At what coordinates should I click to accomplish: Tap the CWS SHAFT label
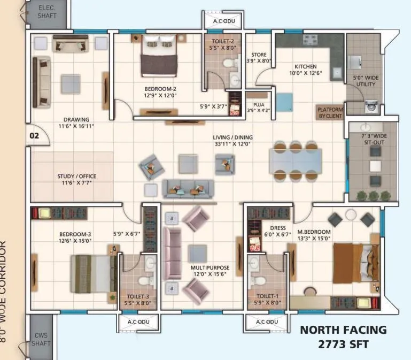[41, 339]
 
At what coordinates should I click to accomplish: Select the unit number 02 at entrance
[34, 136]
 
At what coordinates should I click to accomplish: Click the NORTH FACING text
[343, 330]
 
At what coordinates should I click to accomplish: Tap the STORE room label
[259, 58]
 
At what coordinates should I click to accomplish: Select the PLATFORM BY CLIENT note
[330, 111]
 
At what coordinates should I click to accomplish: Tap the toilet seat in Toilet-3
[144, 281]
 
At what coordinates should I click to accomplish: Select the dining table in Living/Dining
[296, 159]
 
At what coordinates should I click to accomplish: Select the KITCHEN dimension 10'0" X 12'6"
[306, 73]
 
